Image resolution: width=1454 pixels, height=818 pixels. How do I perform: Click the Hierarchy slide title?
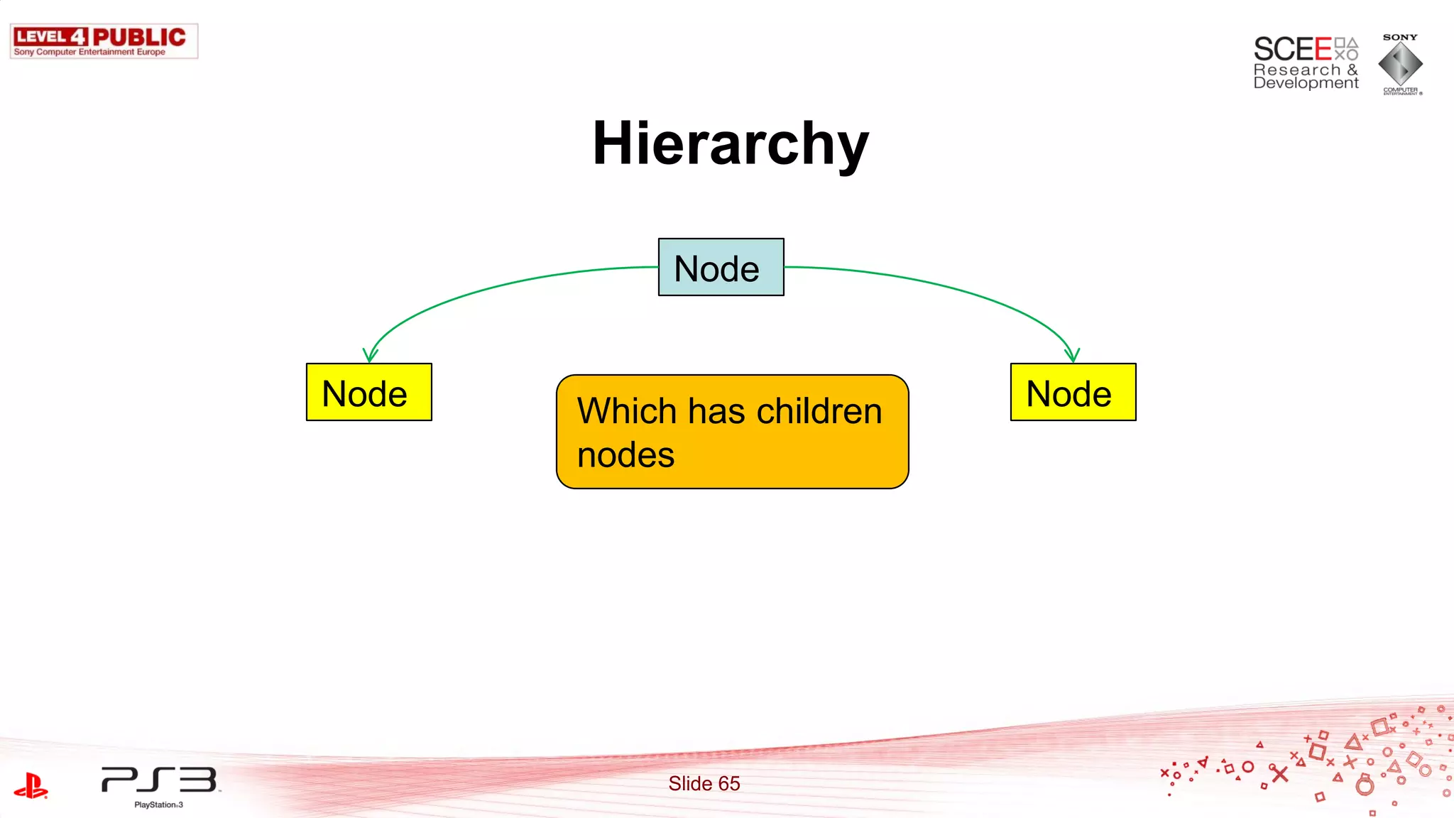pyautogui.click(x=730, y=143)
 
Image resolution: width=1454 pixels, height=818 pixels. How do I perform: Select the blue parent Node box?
pyautogui.click(x=721, y=268)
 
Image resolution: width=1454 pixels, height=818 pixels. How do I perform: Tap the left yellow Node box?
pyautogui.click(x=368, y=393)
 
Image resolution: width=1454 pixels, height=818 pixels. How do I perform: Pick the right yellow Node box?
pyautogui.click(x=1073, y=393)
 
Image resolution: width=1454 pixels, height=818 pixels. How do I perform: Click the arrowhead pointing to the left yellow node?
pyautogui.click(x=370, y=355)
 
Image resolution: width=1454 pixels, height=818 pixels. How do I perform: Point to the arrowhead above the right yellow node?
pyautogui.click(x=1071, y=355)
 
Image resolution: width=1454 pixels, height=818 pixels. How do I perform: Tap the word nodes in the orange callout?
pyautogui.click(x=625, y=455)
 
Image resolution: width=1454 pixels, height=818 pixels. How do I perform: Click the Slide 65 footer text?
pyautogui.click(x=704, y=783)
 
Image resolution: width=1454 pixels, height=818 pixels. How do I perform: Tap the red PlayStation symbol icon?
pyautogui.click(x=31, y=786)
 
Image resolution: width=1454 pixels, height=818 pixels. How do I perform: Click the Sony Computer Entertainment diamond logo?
pyautogui.click(x=1400, y=64)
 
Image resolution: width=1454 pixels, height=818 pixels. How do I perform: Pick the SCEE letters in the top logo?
pyautogui.click(x=1291, y=50)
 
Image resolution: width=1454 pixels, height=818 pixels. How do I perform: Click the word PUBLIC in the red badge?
pyautogui.click(x=139, y=37)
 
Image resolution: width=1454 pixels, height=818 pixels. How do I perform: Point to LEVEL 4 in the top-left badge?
pyautogui.click(x=50, y=37)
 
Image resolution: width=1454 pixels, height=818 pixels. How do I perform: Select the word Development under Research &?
pyautogui.click(x=1306, y=83)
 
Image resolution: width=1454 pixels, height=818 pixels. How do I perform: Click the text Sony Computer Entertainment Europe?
pyautogui.click(x=89, y=52)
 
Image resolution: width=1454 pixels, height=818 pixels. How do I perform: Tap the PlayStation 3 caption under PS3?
pyautogui.click(x=158, y=805)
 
